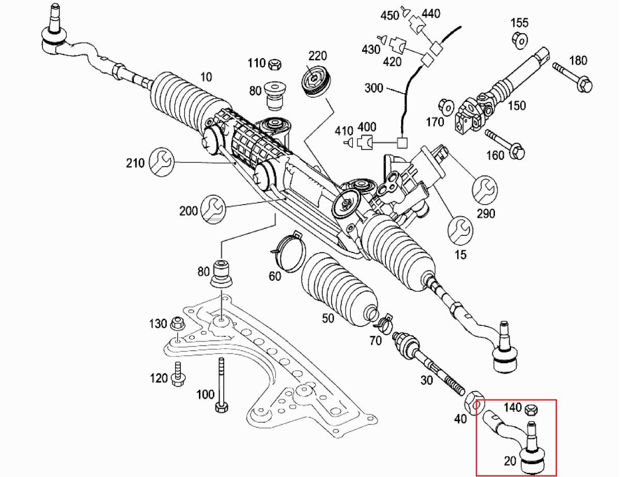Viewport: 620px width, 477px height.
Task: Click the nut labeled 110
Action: [275, 64]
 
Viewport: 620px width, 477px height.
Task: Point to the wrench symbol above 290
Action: [486, 189]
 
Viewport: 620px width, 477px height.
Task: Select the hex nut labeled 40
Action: [475, 401]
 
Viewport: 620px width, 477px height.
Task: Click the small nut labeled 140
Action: [530, 411]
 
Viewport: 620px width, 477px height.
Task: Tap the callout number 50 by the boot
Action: [328, 318]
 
